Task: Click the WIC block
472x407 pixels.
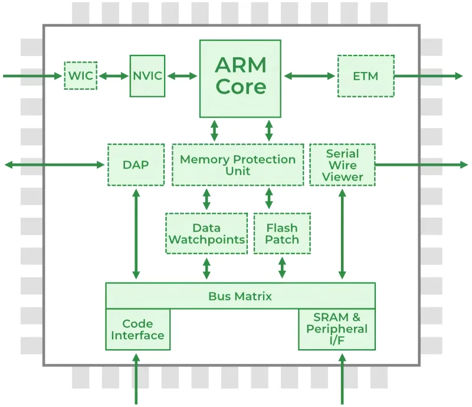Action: [x=80, y=76]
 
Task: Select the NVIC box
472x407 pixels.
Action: [x=147, y=76]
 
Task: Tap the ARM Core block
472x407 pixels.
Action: [x=240, y=78]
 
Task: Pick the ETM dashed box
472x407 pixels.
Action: [x=365, y=76]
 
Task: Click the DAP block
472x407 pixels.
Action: [x=136, y=165]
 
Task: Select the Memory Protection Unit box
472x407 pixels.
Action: [x=238, y=165]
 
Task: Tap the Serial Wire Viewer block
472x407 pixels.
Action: [x=342, y=165]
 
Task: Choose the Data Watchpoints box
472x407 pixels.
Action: [x=206, y=234]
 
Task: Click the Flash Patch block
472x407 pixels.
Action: [x=281, y=234]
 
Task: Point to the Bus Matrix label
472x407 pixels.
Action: [x=240, y=296]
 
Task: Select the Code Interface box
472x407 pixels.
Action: [x=137, y=329]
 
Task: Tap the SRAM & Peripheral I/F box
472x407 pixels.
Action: [x=336, y=329]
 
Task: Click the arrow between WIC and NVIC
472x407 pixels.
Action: [x=113, y=76]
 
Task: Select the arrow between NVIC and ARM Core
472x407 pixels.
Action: [x=182, y=76]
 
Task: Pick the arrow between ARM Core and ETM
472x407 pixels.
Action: [x=309, y=76]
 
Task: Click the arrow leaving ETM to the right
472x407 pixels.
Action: [x=428, y=76]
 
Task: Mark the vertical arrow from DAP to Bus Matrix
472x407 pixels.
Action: [x=136, y=234]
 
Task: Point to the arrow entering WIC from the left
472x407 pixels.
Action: [x=32, y=76]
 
